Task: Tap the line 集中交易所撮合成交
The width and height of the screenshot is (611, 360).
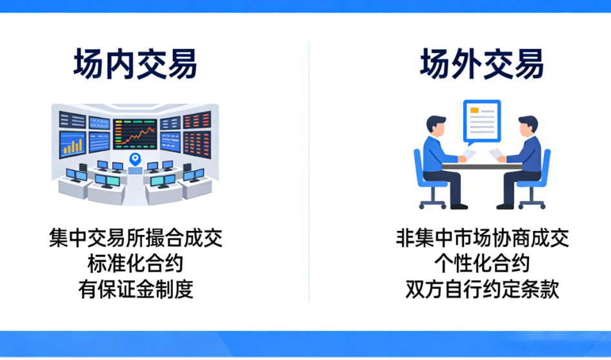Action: [x=135, y=238]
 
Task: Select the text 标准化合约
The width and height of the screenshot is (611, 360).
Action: [x=135, y=264]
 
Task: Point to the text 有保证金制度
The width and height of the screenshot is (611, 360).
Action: [x=135, y=290]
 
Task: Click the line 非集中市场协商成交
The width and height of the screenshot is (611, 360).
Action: [x=483, y=238]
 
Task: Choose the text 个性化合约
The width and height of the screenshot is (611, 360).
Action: [x=482, y=264]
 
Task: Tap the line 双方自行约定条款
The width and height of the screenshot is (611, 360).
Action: [x=483, y=290]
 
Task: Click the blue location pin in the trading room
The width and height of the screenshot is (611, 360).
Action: [x=135, y=159]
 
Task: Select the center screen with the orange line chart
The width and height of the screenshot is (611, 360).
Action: [x=135, y=134]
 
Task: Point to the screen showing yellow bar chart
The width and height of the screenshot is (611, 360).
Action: [x=72, y=145]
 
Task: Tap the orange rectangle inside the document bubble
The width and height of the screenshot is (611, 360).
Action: [x=474, y=110]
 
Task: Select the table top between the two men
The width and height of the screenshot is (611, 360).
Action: [x=482, y=166]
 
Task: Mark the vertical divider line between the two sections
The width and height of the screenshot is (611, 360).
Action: [x=309, y=172]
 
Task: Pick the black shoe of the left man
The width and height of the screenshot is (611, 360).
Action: [x=459, y=206]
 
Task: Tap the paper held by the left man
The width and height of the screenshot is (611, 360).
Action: [x=469, y=154]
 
